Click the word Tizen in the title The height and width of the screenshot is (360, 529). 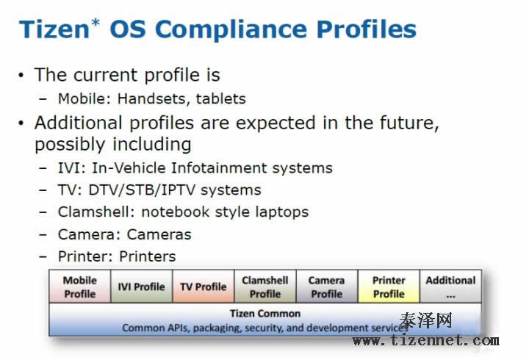[54, 29]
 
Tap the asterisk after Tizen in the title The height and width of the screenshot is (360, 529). [96, 23]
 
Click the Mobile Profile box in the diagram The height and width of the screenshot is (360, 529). [80, 287]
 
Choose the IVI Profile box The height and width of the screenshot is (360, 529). [141, 287]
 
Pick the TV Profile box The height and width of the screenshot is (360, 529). [203, 287]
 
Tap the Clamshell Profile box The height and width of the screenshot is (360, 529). [265, 287]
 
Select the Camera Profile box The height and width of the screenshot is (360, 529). [326, 287]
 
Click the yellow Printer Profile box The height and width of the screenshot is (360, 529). [389, 287]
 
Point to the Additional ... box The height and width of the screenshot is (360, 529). [450, 287]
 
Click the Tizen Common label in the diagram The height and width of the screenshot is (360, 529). [265, 314]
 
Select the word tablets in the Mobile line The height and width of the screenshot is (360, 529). [221, 98]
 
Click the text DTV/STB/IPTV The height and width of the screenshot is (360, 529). [142, 190]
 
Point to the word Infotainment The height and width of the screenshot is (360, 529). [219, 168]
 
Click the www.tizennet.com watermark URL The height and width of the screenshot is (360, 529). [425, 340]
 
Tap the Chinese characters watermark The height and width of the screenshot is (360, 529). [425, 320]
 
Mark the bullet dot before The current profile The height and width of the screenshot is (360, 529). [21, 75]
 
